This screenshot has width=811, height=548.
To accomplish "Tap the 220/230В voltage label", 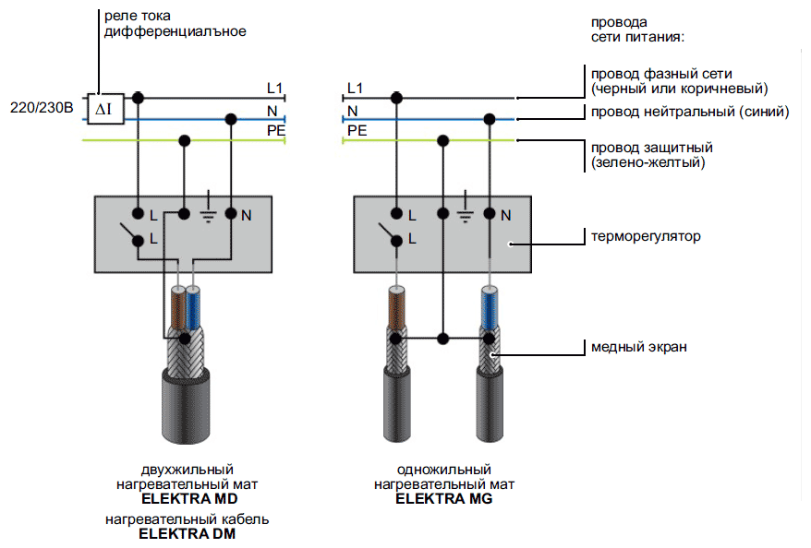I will (41, 108).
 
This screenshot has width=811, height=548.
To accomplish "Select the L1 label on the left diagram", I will (274, 89).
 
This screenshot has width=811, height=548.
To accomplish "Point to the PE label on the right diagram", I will (357, 131).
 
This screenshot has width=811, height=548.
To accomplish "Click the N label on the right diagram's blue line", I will (352, 111).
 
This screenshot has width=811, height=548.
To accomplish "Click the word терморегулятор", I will (646, 236).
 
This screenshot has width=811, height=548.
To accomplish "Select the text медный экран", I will (638, 347).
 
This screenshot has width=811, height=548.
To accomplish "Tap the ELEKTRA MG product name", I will (444, 498).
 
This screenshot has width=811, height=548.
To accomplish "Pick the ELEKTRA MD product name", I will (188, 498).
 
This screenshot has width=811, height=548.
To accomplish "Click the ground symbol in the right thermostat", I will (467, 214).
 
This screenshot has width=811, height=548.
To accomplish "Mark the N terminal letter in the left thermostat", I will (247, 216).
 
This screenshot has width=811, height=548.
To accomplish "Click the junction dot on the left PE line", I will (185, 140).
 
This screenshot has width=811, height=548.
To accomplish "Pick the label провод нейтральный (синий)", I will (689, 112).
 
